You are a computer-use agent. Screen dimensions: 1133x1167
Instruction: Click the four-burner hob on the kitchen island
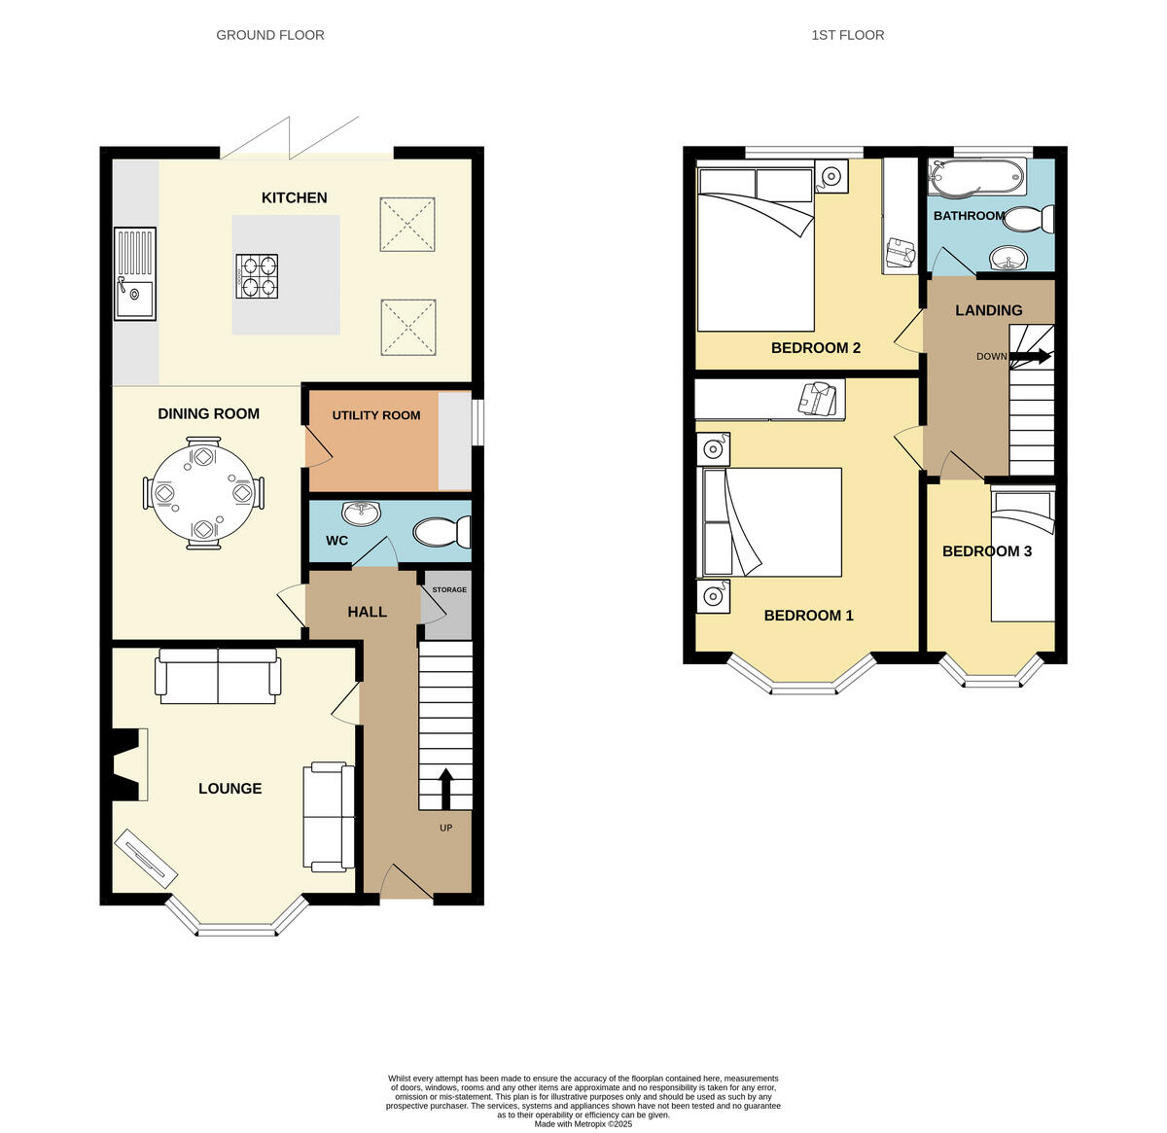coord(257,275)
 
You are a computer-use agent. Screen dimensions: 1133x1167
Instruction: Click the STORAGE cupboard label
coord(449,590)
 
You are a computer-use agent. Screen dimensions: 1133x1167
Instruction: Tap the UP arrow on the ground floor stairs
coord(446,789)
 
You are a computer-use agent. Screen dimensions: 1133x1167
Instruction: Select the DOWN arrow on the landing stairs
coord(1030,357)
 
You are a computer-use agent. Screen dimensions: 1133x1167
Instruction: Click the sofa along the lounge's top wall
coord(219,680)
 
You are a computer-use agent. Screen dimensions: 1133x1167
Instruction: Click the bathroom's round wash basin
coord(1008,259)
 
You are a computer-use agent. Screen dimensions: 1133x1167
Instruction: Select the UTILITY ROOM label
coord(376,415)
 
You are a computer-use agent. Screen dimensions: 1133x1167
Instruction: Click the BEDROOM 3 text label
coord(986,551)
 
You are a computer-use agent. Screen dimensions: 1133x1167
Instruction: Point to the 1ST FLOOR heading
coord(847,35)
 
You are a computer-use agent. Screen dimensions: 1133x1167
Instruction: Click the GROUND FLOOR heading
coord(270,35)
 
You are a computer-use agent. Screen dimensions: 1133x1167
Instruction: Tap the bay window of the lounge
coord(236,926)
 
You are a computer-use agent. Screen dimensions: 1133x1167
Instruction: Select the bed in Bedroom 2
coord(755,253)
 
